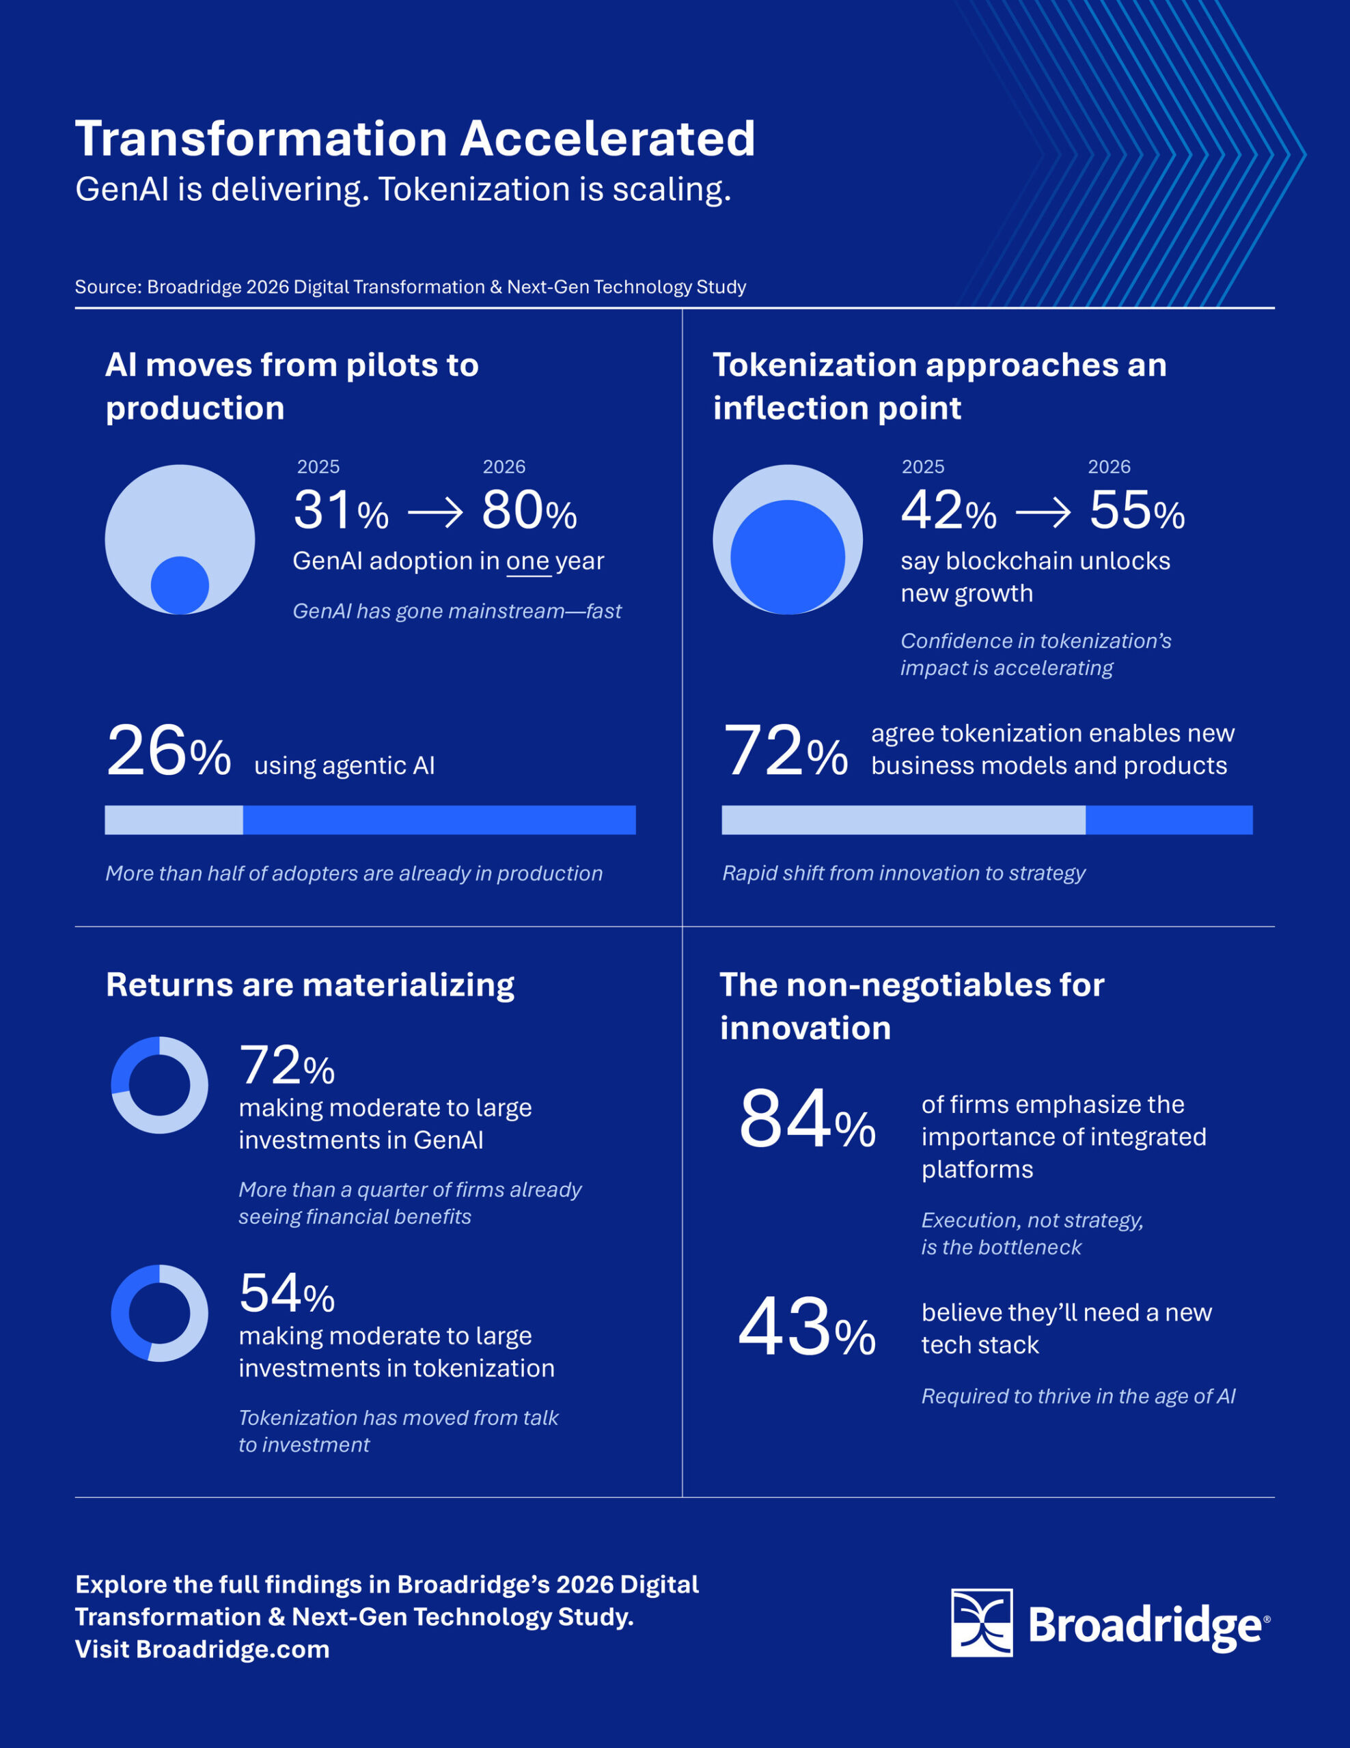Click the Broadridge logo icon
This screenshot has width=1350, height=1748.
981,1622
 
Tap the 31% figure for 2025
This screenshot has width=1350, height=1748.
340,511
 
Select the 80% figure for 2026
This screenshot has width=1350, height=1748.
529,511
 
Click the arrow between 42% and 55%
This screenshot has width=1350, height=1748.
1043,512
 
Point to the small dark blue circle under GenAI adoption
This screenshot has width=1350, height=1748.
180,585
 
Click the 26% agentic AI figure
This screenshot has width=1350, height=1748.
168,750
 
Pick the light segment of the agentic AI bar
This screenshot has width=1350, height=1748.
174,819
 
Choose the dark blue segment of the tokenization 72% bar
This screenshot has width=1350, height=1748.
1168,819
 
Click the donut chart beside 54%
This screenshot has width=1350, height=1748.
159,1312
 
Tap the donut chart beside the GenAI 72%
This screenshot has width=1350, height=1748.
159,1084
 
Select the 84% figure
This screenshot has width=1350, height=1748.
806,1120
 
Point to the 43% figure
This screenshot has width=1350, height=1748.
806,1328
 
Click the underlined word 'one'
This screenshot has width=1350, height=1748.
527,561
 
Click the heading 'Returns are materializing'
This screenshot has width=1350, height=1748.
310,985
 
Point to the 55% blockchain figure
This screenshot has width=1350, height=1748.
1136,511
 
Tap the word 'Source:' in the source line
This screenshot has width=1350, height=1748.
108,287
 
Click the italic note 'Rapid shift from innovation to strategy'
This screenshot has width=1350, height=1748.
903,873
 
